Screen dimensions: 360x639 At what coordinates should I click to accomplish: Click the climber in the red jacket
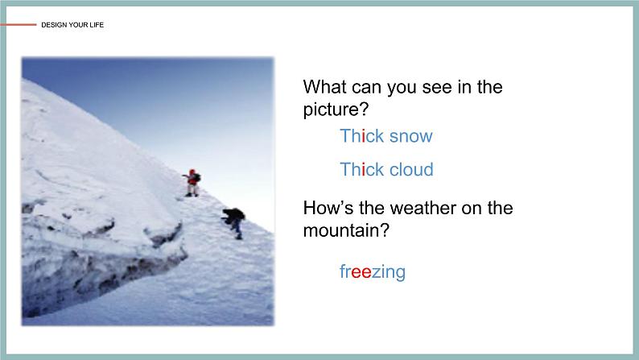[x=192, y=183]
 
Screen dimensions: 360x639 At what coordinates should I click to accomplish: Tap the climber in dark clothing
[x=234, y=221]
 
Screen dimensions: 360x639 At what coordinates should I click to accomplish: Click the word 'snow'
[x=410, y=136]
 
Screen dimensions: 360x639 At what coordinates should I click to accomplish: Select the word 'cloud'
[x=410, y=170]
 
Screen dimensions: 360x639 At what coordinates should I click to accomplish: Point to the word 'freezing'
[x=373, y=272]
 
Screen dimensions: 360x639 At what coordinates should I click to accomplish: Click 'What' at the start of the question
[x=324, y=87]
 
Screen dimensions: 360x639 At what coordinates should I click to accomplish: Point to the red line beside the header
[x=19, y=25]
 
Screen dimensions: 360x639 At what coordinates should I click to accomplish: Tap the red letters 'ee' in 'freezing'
[x=361, y=272]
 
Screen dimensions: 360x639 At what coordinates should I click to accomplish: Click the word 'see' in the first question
[x=439, y=87]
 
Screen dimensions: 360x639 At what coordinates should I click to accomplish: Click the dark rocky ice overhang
[x=89, y=274]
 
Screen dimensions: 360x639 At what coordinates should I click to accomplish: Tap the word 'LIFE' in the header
[x=97, y=25]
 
